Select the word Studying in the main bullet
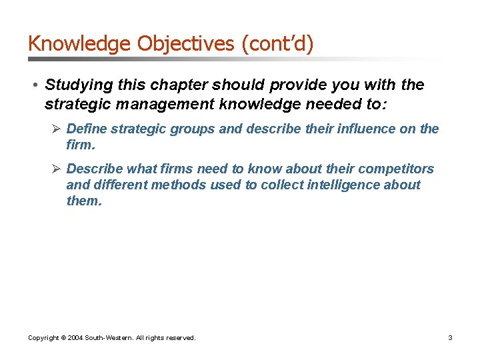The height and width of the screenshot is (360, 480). coord(73,86)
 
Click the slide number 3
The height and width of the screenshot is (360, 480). coord(450,338)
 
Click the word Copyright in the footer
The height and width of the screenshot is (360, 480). coord(43,338)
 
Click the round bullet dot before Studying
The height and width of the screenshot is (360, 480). coord(33,86)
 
